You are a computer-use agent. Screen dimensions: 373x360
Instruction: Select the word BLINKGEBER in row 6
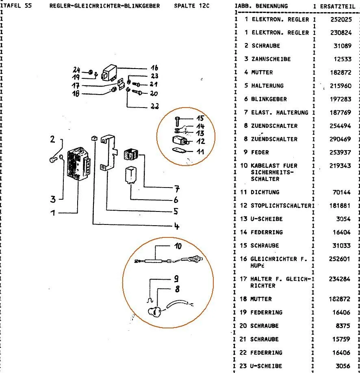(269, 99)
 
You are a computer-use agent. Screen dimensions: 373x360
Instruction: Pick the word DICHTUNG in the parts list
(265, 192)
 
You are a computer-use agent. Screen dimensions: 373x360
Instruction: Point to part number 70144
(343, 192)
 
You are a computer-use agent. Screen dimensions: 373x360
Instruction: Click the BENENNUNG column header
(270, 6)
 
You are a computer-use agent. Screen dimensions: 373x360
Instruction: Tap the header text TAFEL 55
(17, 6)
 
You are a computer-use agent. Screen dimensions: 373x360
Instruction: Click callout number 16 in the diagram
(154, 68)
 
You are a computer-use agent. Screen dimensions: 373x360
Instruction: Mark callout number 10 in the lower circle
(178, 246)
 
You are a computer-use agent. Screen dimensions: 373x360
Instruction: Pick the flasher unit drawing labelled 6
(131, 175)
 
